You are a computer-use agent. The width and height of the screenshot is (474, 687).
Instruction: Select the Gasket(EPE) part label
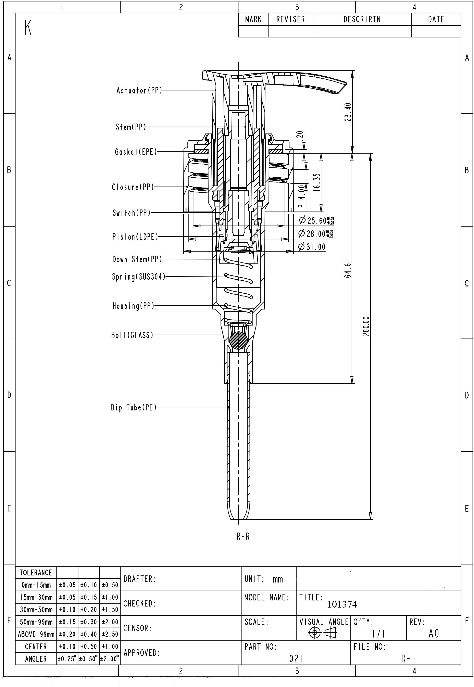136,152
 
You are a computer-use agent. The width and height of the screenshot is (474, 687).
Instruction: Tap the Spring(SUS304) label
138,277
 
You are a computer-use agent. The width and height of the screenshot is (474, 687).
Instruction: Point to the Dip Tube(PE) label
134,407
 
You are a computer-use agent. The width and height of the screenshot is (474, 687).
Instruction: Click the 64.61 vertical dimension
348,269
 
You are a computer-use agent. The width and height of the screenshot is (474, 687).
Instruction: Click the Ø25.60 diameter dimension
317,221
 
